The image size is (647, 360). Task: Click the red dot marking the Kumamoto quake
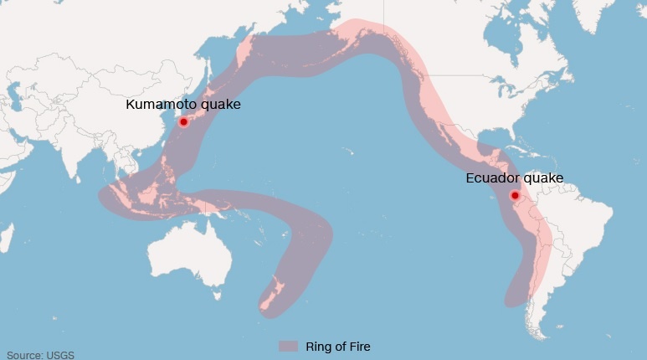(x=183, y=121)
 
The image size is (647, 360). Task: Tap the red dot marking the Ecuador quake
(x=515, y=196)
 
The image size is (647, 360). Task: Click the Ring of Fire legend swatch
(x=289, y=346)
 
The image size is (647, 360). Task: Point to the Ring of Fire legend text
(x=336, y=346)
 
